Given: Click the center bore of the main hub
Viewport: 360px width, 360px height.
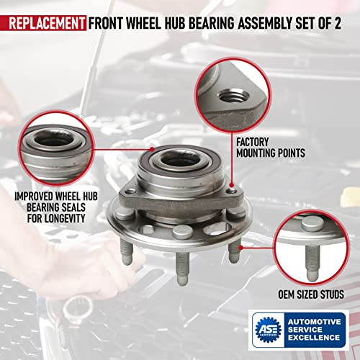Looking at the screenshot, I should click(171, 161).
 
